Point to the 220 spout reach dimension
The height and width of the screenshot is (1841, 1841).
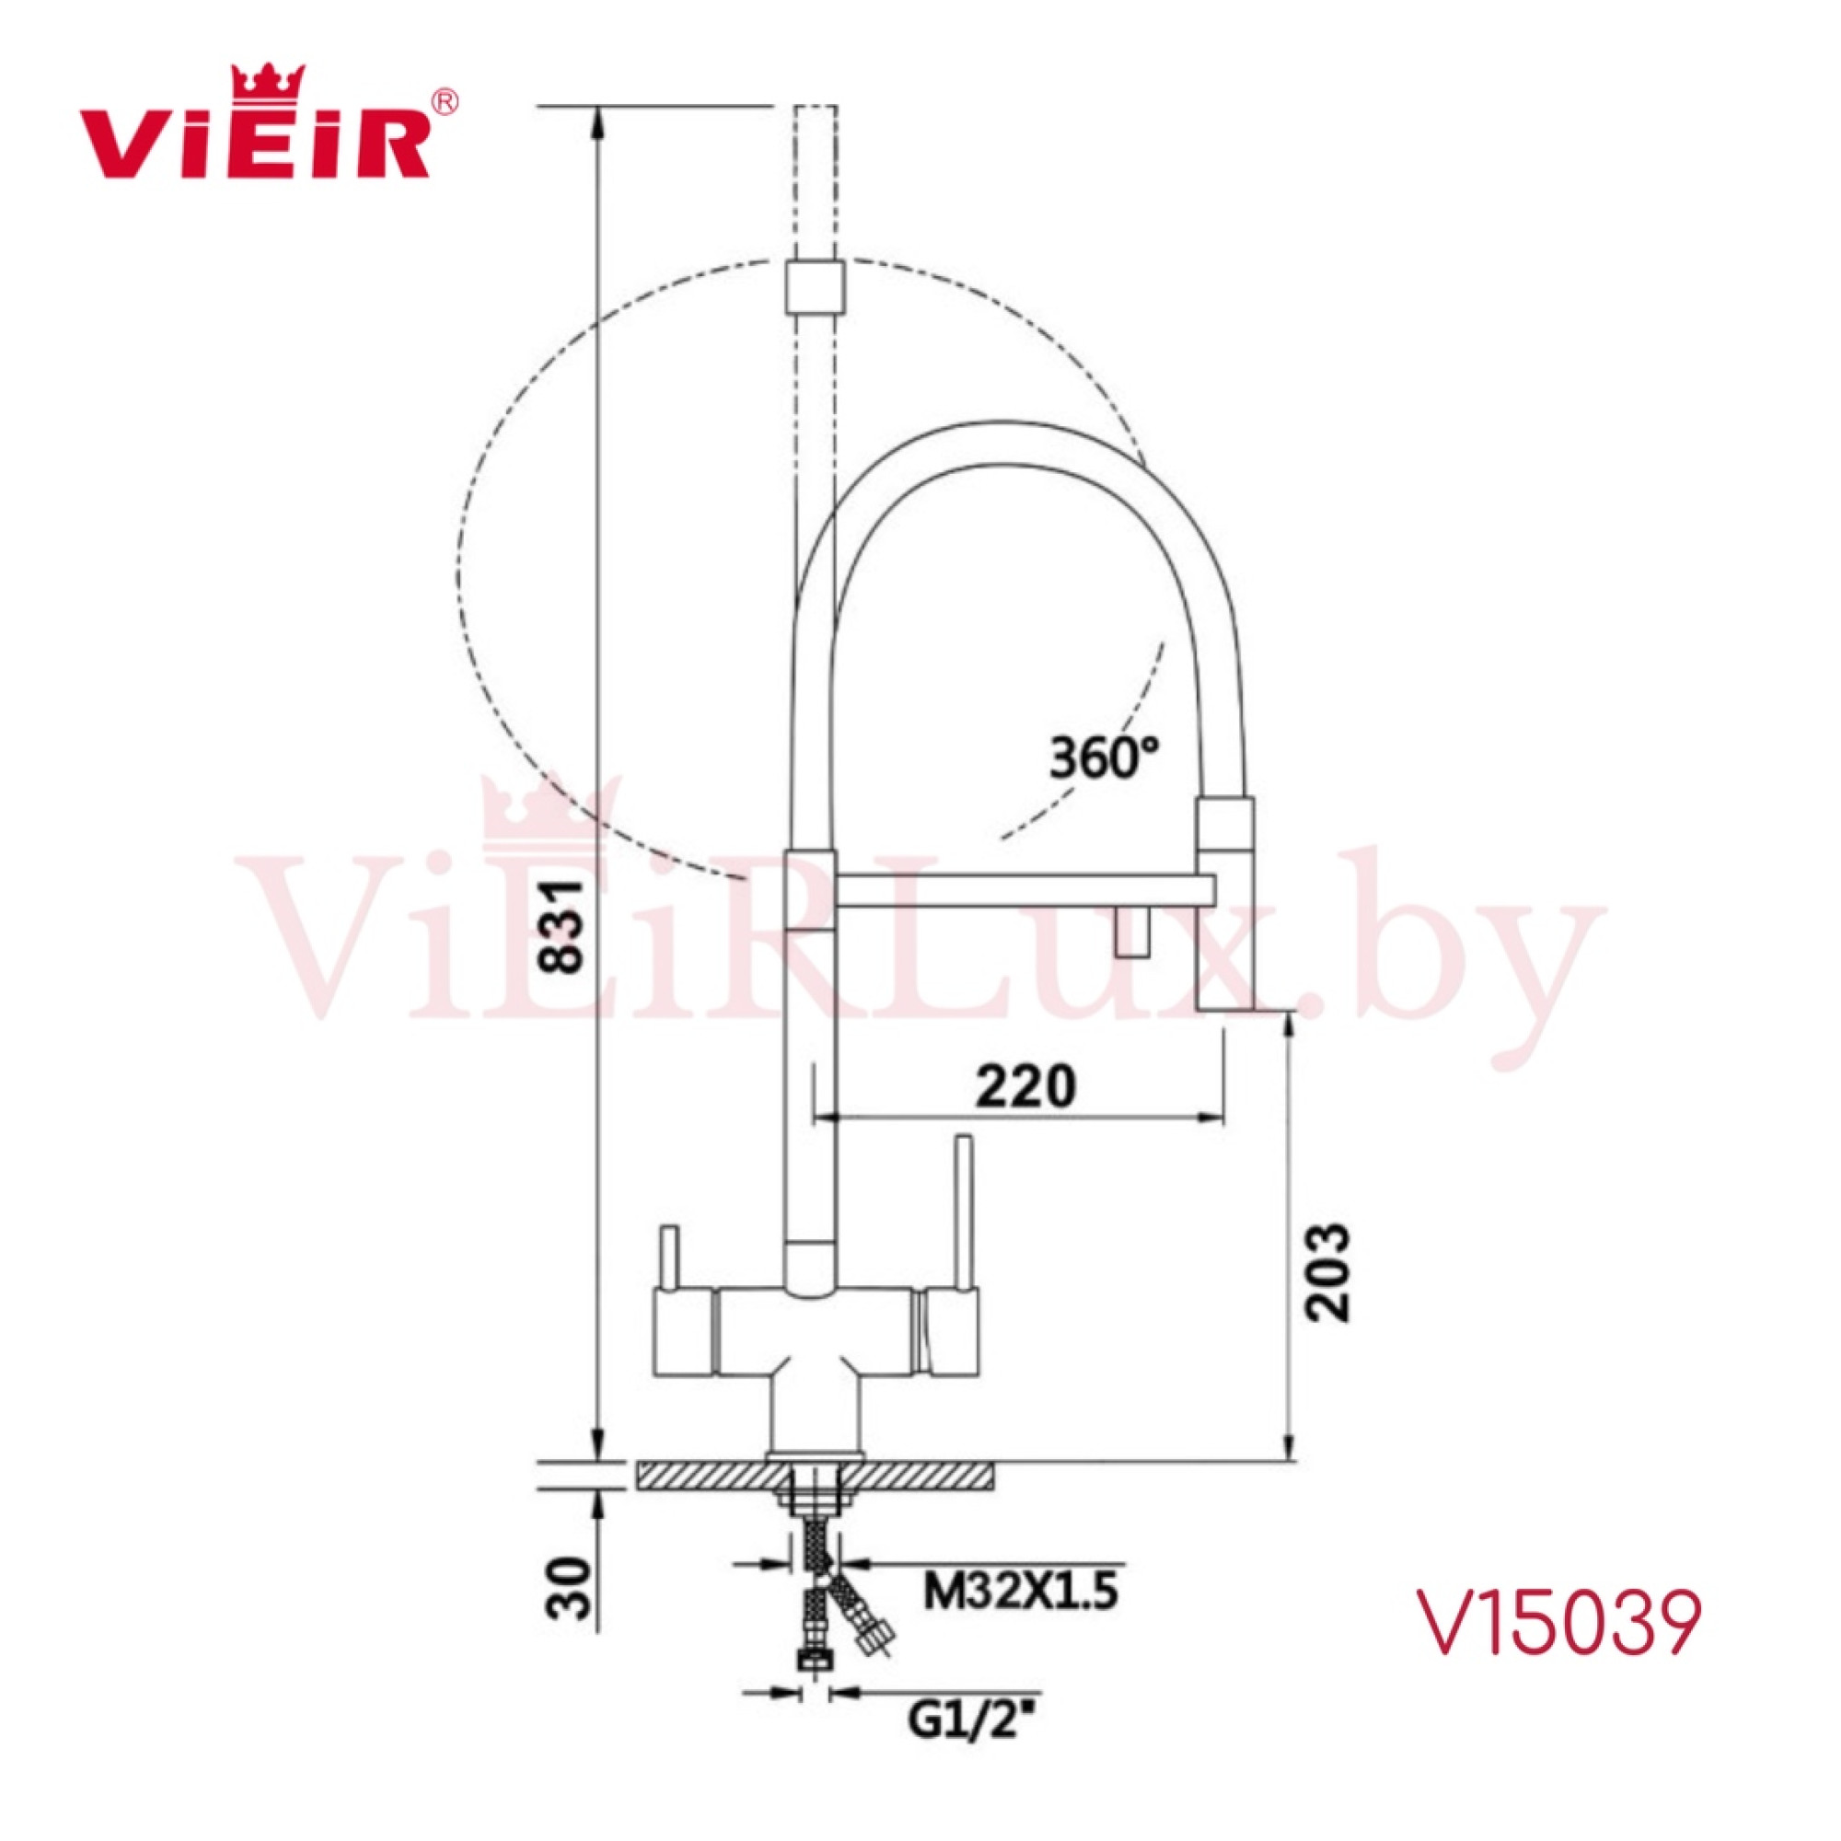(1025, 1087)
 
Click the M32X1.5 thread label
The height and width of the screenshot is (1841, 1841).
(1022, 1592)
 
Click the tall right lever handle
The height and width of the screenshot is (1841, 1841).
(964, 1210)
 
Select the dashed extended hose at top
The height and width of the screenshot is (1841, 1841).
(816, 181)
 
